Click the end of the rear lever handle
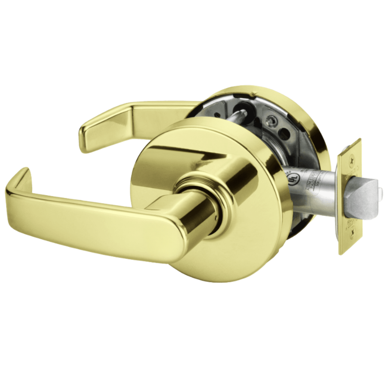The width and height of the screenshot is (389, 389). tap(84, 137)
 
